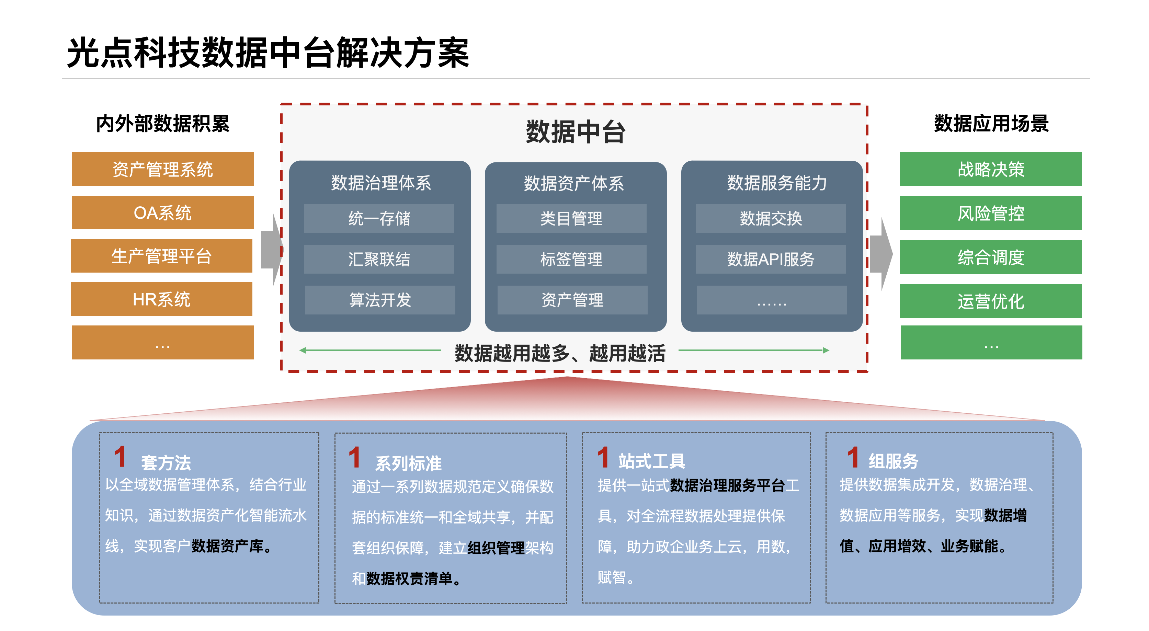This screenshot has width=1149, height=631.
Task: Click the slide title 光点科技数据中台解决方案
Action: point(268,53)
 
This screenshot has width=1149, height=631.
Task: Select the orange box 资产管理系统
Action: point(162,169)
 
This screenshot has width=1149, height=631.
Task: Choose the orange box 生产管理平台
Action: point(161,255)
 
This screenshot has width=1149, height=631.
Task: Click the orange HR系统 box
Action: point(161,299)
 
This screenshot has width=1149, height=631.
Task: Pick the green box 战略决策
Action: point(991,169)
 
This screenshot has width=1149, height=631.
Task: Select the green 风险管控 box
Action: point(991,213)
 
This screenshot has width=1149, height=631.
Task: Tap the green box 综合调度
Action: point(991,257)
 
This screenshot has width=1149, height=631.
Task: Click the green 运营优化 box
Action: point(991,301)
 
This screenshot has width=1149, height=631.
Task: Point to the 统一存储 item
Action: point(379,218)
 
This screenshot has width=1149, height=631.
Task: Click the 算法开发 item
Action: point(380,300)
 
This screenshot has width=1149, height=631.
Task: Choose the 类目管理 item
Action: point(571,218)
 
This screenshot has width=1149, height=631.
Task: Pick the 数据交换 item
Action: point(771,218)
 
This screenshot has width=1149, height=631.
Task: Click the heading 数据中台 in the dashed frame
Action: point(576,131)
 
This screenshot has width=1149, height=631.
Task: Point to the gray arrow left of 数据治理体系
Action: point(272,250)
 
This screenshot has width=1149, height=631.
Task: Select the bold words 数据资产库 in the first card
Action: point(227,546)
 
